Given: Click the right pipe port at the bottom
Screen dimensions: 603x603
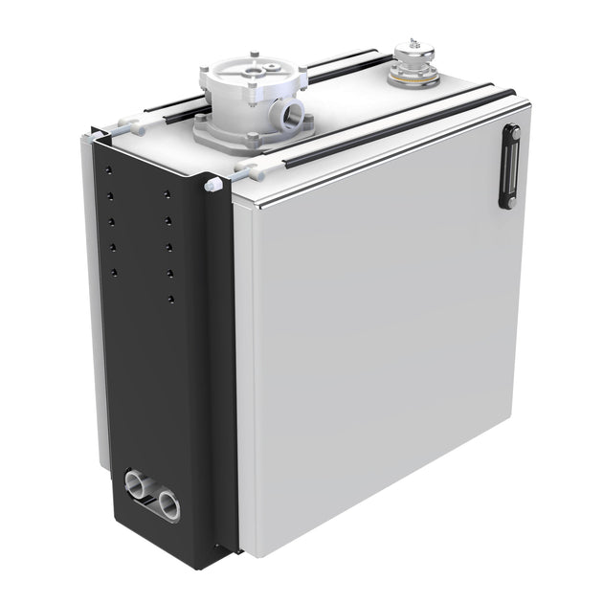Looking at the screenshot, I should [x=169, y=503].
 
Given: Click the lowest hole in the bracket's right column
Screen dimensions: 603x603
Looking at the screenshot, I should [x=170, y=300].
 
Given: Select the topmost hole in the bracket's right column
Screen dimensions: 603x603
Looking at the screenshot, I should [x=167, y=195].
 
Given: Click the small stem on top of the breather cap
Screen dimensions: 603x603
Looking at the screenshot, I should [x=413, y=41].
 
